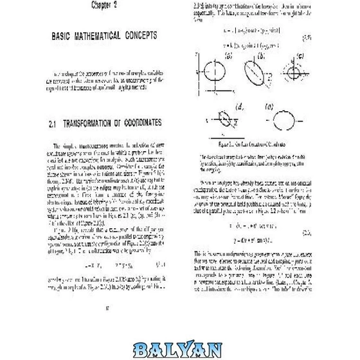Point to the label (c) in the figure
pos(297,55)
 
